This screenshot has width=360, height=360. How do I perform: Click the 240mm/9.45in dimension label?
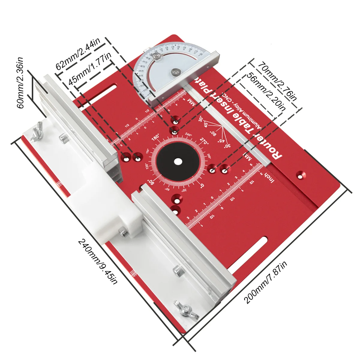click(98, 261)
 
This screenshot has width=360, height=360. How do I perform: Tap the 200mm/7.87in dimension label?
click(265, 282)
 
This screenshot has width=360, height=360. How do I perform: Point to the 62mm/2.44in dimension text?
click(78, 53)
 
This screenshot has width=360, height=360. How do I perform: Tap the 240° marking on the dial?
click(188, 135)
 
